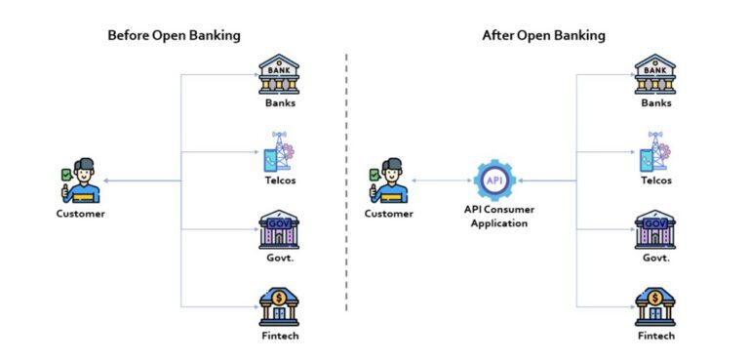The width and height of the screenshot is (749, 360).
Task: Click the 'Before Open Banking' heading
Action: [x=174, y=36]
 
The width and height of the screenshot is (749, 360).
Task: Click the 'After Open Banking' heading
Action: [x=543, y=36]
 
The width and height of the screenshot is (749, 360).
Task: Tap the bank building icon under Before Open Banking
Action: [x=279, y=74]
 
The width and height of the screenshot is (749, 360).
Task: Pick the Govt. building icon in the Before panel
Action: [x=279, y=230]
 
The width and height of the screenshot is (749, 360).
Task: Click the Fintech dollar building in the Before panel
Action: [x=279, y=306]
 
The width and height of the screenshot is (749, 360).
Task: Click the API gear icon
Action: [x=493, y=179]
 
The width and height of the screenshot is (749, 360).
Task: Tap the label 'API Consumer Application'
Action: [x=494, y=216]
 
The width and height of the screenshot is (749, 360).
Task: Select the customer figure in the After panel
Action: [x=388, y=180]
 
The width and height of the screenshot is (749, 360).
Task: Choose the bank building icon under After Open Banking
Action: [x=655, y=74]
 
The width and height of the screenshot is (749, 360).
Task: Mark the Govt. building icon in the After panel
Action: [x=655, y=230]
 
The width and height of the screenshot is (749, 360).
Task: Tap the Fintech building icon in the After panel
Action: [x=655, y=306]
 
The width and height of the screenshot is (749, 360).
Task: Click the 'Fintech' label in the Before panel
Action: [x=279, y=337]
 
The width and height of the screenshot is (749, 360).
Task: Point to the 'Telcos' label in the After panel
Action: [x=655, y=180]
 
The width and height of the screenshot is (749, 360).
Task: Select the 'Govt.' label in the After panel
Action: [x=655, y=259]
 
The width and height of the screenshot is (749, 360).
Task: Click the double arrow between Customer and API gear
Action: [x=441, y=180]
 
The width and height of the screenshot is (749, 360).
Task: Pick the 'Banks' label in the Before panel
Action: [x=279, y=102]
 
